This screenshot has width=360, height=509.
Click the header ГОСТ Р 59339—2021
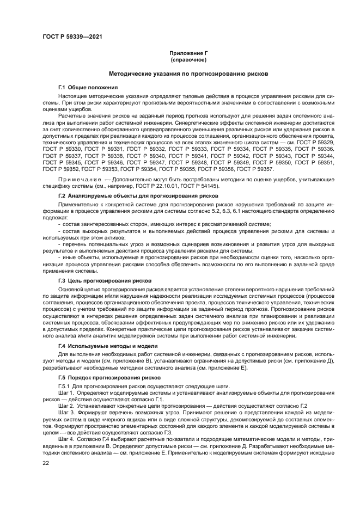point(72,36)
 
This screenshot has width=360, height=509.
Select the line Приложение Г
point(179,54)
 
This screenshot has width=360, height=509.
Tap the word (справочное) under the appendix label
point(179,60)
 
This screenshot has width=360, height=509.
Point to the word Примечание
point(80,179)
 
